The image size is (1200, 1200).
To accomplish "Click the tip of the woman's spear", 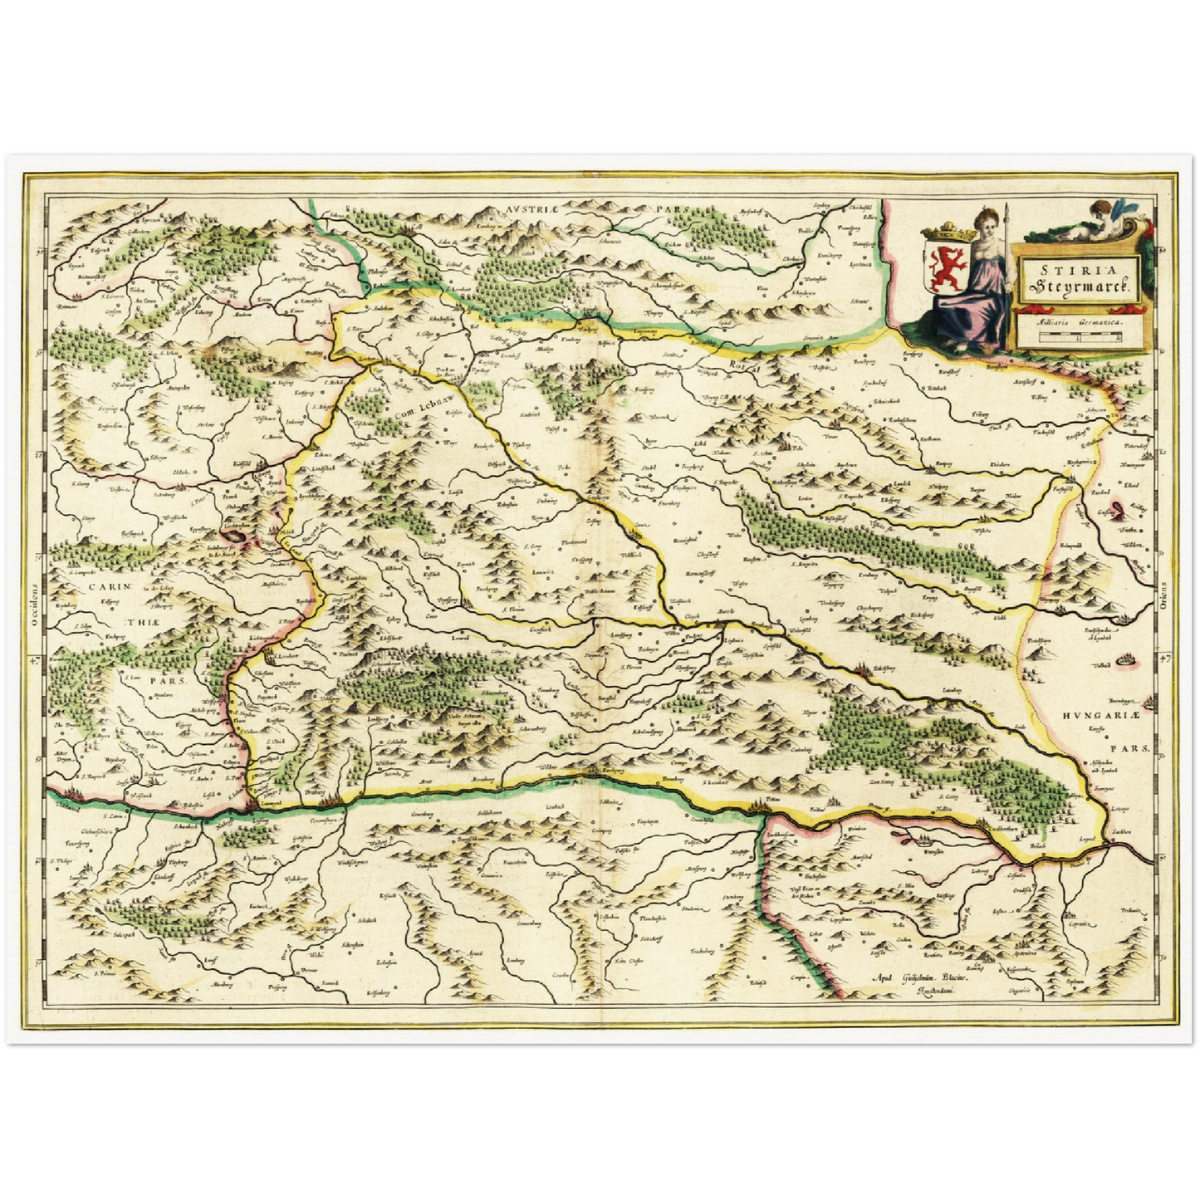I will click(x=1006, y=207).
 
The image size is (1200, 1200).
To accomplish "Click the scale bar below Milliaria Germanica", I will click(x=1078, y=338).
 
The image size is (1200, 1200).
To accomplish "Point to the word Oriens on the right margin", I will click(x=1163, y=595).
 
